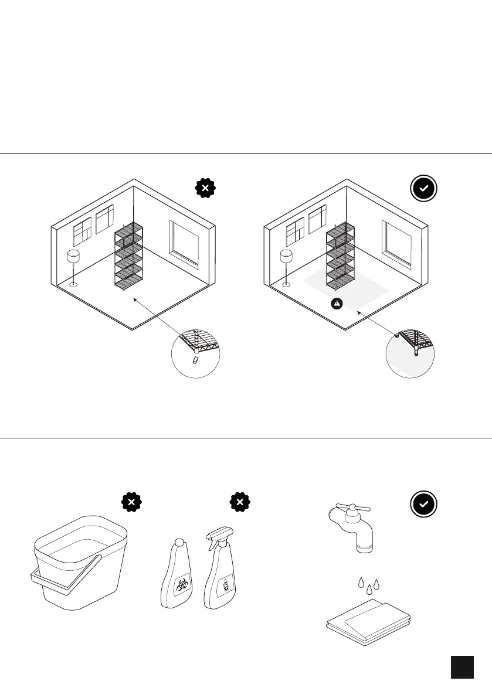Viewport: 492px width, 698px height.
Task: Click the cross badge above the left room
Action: coord(205,189)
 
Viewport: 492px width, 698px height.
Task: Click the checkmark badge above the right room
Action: coord(424,189)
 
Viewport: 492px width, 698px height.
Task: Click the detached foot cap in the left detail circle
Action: coord(196,360)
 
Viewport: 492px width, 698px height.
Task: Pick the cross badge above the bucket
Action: coord(132,502)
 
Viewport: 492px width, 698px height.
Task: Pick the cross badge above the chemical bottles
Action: coord(240,502)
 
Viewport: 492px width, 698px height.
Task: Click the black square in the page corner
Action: coord(462,667)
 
